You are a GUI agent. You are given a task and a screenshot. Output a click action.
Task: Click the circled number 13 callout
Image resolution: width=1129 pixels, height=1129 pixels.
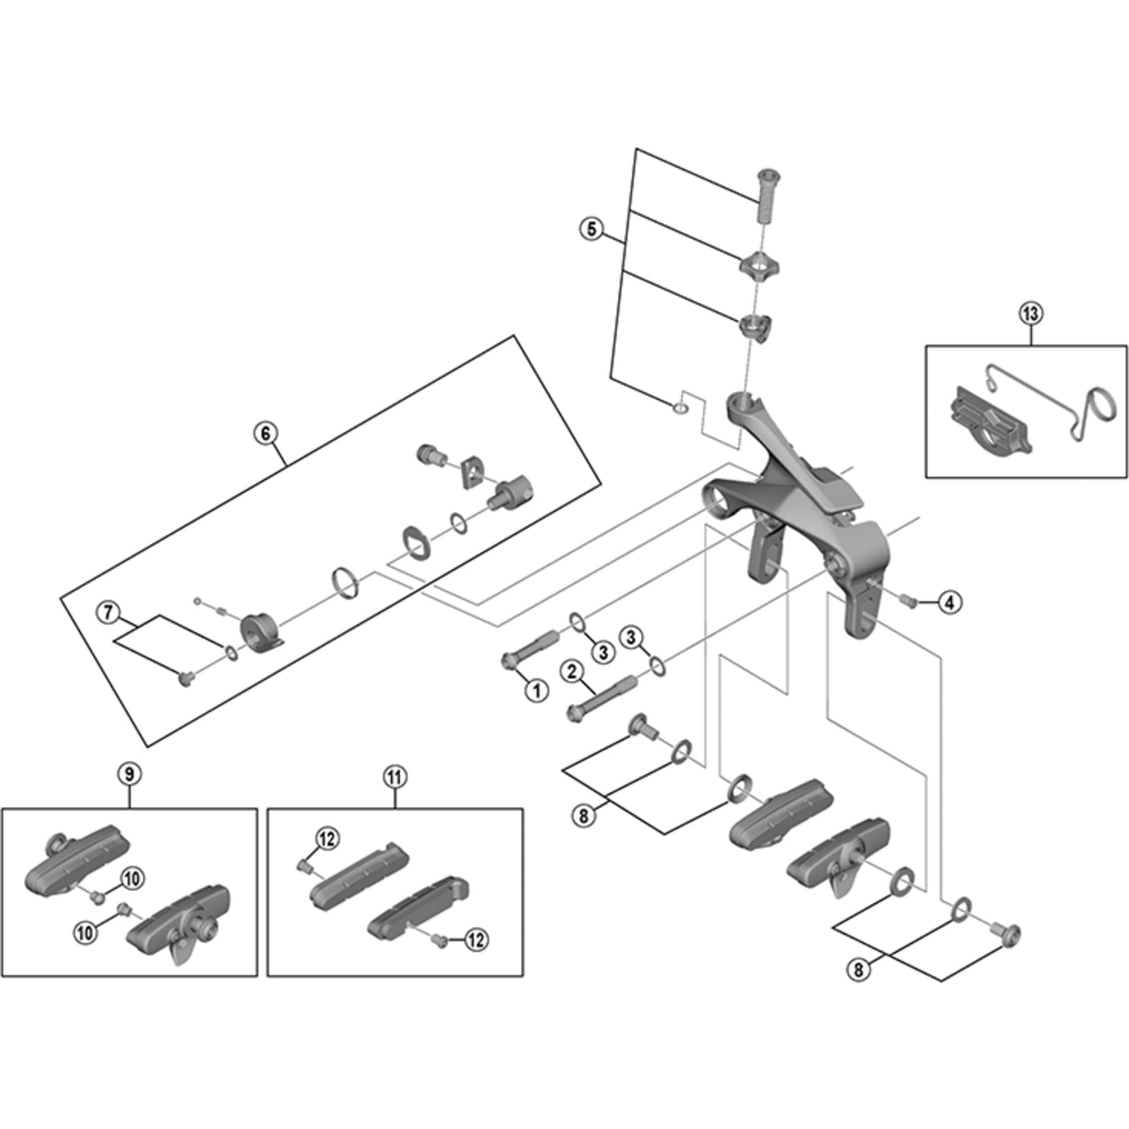[1030, 314]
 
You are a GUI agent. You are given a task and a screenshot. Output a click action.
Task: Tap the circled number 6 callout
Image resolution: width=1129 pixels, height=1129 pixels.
[265, 433]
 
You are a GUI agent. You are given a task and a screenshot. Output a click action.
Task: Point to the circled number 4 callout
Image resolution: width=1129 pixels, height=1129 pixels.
[949, 602]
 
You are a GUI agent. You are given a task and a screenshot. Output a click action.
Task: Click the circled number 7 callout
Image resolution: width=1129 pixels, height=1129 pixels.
[108, 613]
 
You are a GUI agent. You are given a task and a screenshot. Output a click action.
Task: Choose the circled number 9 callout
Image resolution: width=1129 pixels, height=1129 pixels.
[129, 775]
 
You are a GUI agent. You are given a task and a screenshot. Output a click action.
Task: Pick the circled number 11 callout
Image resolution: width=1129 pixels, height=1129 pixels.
[395, 777]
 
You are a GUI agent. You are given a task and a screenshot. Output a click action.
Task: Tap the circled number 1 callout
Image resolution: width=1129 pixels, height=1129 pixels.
[536, 692]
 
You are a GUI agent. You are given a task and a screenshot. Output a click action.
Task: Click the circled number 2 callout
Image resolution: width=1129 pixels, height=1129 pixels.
[572, 672]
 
